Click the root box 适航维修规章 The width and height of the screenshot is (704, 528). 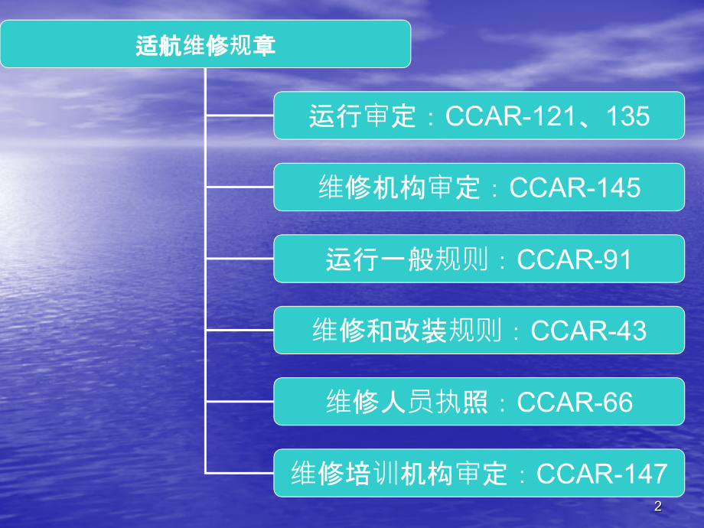[205, 44]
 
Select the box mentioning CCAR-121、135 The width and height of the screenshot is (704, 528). [479, 116]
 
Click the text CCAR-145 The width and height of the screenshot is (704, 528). [575, 187]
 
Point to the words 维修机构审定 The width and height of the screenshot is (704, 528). [399, 187]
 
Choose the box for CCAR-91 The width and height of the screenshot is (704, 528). [479, 259]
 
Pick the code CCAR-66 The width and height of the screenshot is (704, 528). [575, 402]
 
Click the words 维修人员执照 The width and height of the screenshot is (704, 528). [407, 402]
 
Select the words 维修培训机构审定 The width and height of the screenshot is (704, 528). [399, 474]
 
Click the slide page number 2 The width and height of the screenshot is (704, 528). [658, 507]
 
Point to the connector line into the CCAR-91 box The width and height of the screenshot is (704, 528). [240, 259]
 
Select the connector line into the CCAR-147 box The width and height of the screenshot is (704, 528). [240, 473]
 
